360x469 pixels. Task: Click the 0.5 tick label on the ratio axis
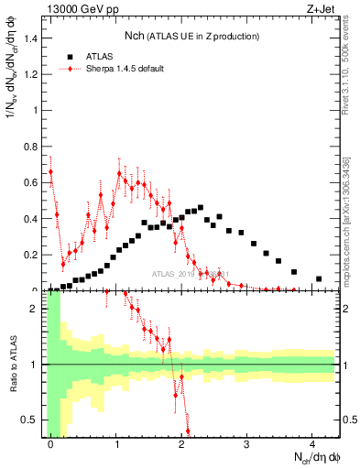[x=32, y=420]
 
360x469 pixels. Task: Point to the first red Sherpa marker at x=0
[x=51, y=171]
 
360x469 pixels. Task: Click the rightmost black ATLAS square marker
[x=319, y=278]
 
